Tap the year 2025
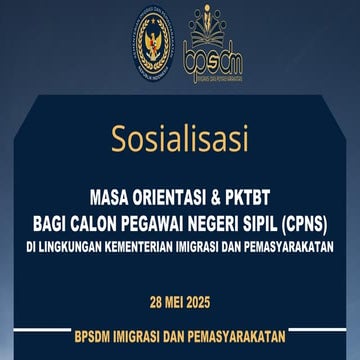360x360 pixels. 202,300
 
